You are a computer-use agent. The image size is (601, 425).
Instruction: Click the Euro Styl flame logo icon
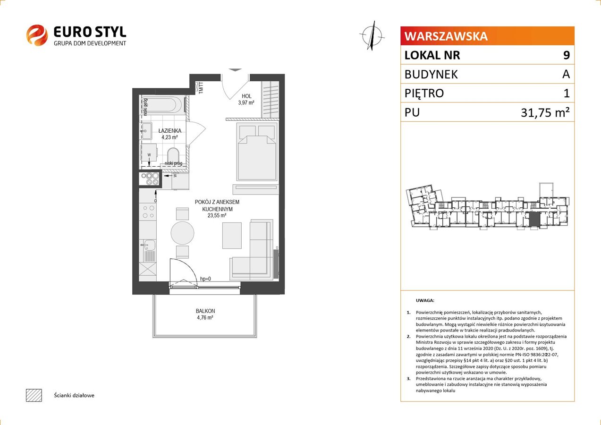coord(37,35)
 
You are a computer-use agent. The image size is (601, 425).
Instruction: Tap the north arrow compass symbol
coord(372,36)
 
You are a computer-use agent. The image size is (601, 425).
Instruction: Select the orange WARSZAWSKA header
coord(487,36)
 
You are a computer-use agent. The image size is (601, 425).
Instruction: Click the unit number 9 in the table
coord(567,55)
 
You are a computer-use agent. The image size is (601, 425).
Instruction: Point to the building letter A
coord(566,74)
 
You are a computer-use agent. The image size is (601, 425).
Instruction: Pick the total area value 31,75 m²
coord(545,112)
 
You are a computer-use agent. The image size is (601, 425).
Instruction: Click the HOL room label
coord(246,96)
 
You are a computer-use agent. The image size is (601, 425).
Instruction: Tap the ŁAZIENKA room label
coord(170,131)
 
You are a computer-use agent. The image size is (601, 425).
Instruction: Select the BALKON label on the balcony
coord(205,311)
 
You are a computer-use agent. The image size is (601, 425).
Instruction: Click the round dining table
coord(182,233)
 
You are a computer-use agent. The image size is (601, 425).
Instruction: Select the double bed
coord(257,151)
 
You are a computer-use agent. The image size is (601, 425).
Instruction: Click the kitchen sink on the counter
coord(147,245)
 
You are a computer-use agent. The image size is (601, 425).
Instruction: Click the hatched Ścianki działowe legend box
coord(34,396)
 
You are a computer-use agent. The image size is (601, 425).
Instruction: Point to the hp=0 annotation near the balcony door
coord(205,279)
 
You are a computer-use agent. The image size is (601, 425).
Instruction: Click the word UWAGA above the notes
coord(425,300)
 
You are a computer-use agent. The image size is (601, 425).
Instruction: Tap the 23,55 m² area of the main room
coord(217,215)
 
